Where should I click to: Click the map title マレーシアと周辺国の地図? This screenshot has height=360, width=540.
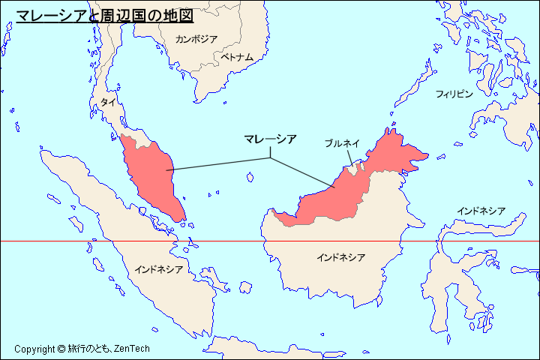click(x=104, y=14)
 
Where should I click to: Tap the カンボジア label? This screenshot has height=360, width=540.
click(x=196, y=39)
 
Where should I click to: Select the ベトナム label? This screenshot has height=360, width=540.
click(x=236, y=57)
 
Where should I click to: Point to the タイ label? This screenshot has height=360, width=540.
click(x=108, y=102)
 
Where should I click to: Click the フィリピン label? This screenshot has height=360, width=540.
click(x=454, y=94)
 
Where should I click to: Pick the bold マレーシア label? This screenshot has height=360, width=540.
click(x=270, y=139)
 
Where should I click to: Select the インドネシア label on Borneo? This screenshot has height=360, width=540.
click(x=340, y=258)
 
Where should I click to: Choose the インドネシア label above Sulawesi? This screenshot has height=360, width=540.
click(x=481, y=211)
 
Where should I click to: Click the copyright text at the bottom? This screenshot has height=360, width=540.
click(x=82, y=349)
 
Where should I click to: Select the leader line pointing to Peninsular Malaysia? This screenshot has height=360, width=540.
click(x=217, y=164)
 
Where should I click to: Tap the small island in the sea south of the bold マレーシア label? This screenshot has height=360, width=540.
click(x=250, y=177)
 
